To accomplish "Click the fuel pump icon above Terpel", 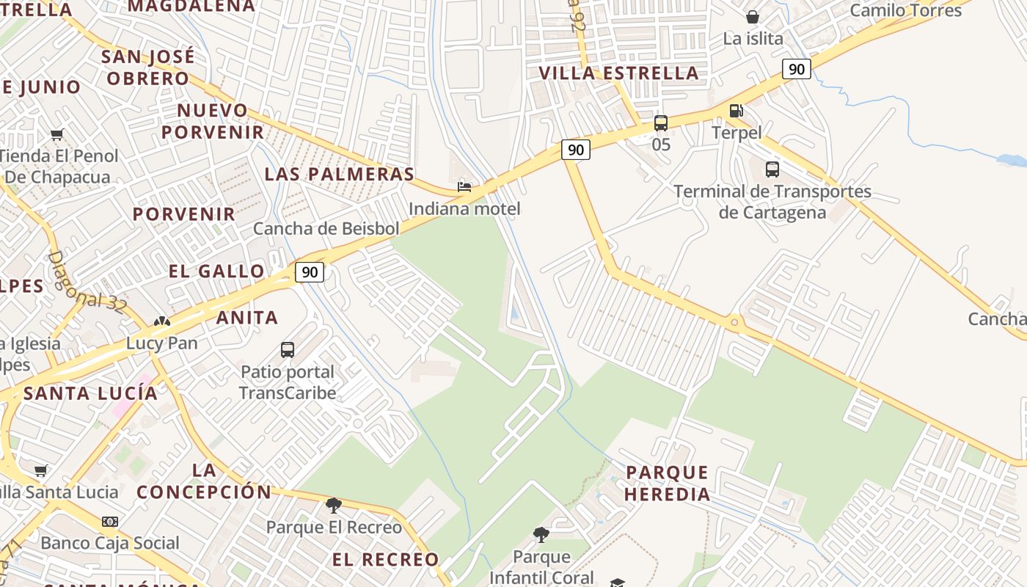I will click(x=736, y=111).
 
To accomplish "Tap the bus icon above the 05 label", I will click(x=661, y=123).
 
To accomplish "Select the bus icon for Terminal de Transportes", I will click(x=772, y=169).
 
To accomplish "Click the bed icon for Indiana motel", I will click(x=464, y=186).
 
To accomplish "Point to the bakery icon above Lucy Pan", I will click(x=162, y=321).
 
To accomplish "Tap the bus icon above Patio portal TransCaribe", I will click(x=288, y=350).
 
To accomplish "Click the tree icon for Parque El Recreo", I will click(x=334, y=505).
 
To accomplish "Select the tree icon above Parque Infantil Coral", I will click(x=541, y=535).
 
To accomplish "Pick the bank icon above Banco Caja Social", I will click(x=110, y=522).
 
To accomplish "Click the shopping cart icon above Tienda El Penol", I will click(x=57, y=134).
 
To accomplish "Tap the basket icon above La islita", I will click(x=753, y=17).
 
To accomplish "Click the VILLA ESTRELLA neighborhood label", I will click(x=618, y=73).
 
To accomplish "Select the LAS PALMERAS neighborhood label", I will click(x=340, y=174).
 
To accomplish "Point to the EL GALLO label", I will click(x=216, y=271).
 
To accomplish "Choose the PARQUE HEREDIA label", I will click(x=667, y=483).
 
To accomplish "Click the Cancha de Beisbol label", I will click(x=326, y=228).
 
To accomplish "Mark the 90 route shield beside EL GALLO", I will click(x=310, y=272).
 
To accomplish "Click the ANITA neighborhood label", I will click(x=247, y=317).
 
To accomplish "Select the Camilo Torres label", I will click(x=905, y=10).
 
